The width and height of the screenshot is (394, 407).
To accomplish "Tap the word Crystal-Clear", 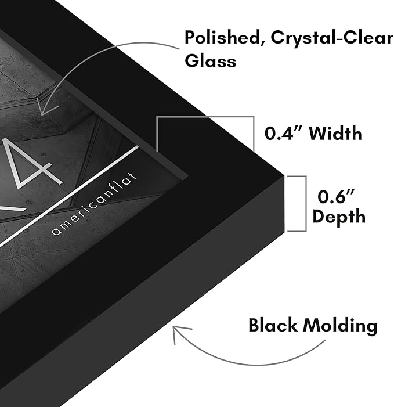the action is coord(332,38).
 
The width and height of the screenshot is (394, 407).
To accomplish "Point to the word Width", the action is coord(335,133).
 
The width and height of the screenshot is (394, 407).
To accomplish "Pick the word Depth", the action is coord(339,216).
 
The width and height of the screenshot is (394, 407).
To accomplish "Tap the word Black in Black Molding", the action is coord(273,325).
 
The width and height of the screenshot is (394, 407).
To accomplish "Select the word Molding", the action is coord(341,326).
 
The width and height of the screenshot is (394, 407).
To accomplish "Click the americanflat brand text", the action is coord(95,203).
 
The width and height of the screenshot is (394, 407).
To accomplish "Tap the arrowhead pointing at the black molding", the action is coord(180,333).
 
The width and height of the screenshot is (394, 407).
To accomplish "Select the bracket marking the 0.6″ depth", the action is coord(306,203).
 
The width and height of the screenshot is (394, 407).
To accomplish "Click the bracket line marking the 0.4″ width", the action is coord(205,117).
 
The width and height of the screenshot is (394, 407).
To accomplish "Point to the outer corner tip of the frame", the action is coord(284,177).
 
